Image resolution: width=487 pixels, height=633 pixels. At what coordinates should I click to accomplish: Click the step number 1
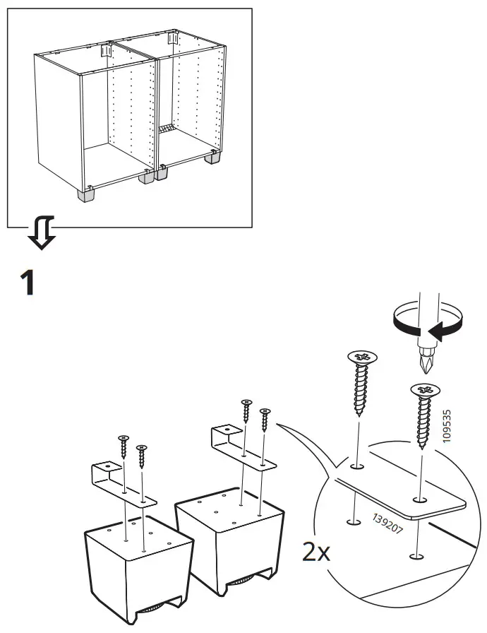(28, 283)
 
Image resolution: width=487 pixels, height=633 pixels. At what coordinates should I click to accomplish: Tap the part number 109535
(447, 426)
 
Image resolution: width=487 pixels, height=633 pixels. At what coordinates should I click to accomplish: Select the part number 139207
(387, 523)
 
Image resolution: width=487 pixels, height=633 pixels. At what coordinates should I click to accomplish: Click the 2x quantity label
(316, 552)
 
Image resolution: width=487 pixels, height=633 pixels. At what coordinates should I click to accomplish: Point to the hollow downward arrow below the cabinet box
(41, 233)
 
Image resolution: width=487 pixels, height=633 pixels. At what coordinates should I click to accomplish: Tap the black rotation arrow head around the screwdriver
(435, 333)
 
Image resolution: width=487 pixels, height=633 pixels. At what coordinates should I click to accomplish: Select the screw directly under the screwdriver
(424, 416)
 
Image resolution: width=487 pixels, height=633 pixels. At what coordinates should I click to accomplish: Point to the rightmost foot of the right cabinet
(212, 157)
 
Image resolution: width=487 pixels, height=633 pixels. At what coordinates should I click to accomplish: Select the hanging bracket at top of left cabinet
(106, 51)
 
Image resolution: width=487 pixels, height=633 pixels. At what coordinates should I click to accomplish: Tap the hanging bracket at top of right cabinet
(172, 38)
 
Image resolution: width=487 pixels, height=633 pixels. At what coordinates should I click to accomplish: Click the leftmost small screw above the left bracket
(124, 446)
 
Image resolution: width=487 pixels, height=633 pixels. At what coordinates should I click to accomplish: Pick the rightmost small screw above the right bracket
(265, 420)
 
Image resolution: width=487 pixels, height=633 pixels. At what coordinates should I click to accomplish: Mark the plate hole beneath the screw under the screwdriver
(420, 500)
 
